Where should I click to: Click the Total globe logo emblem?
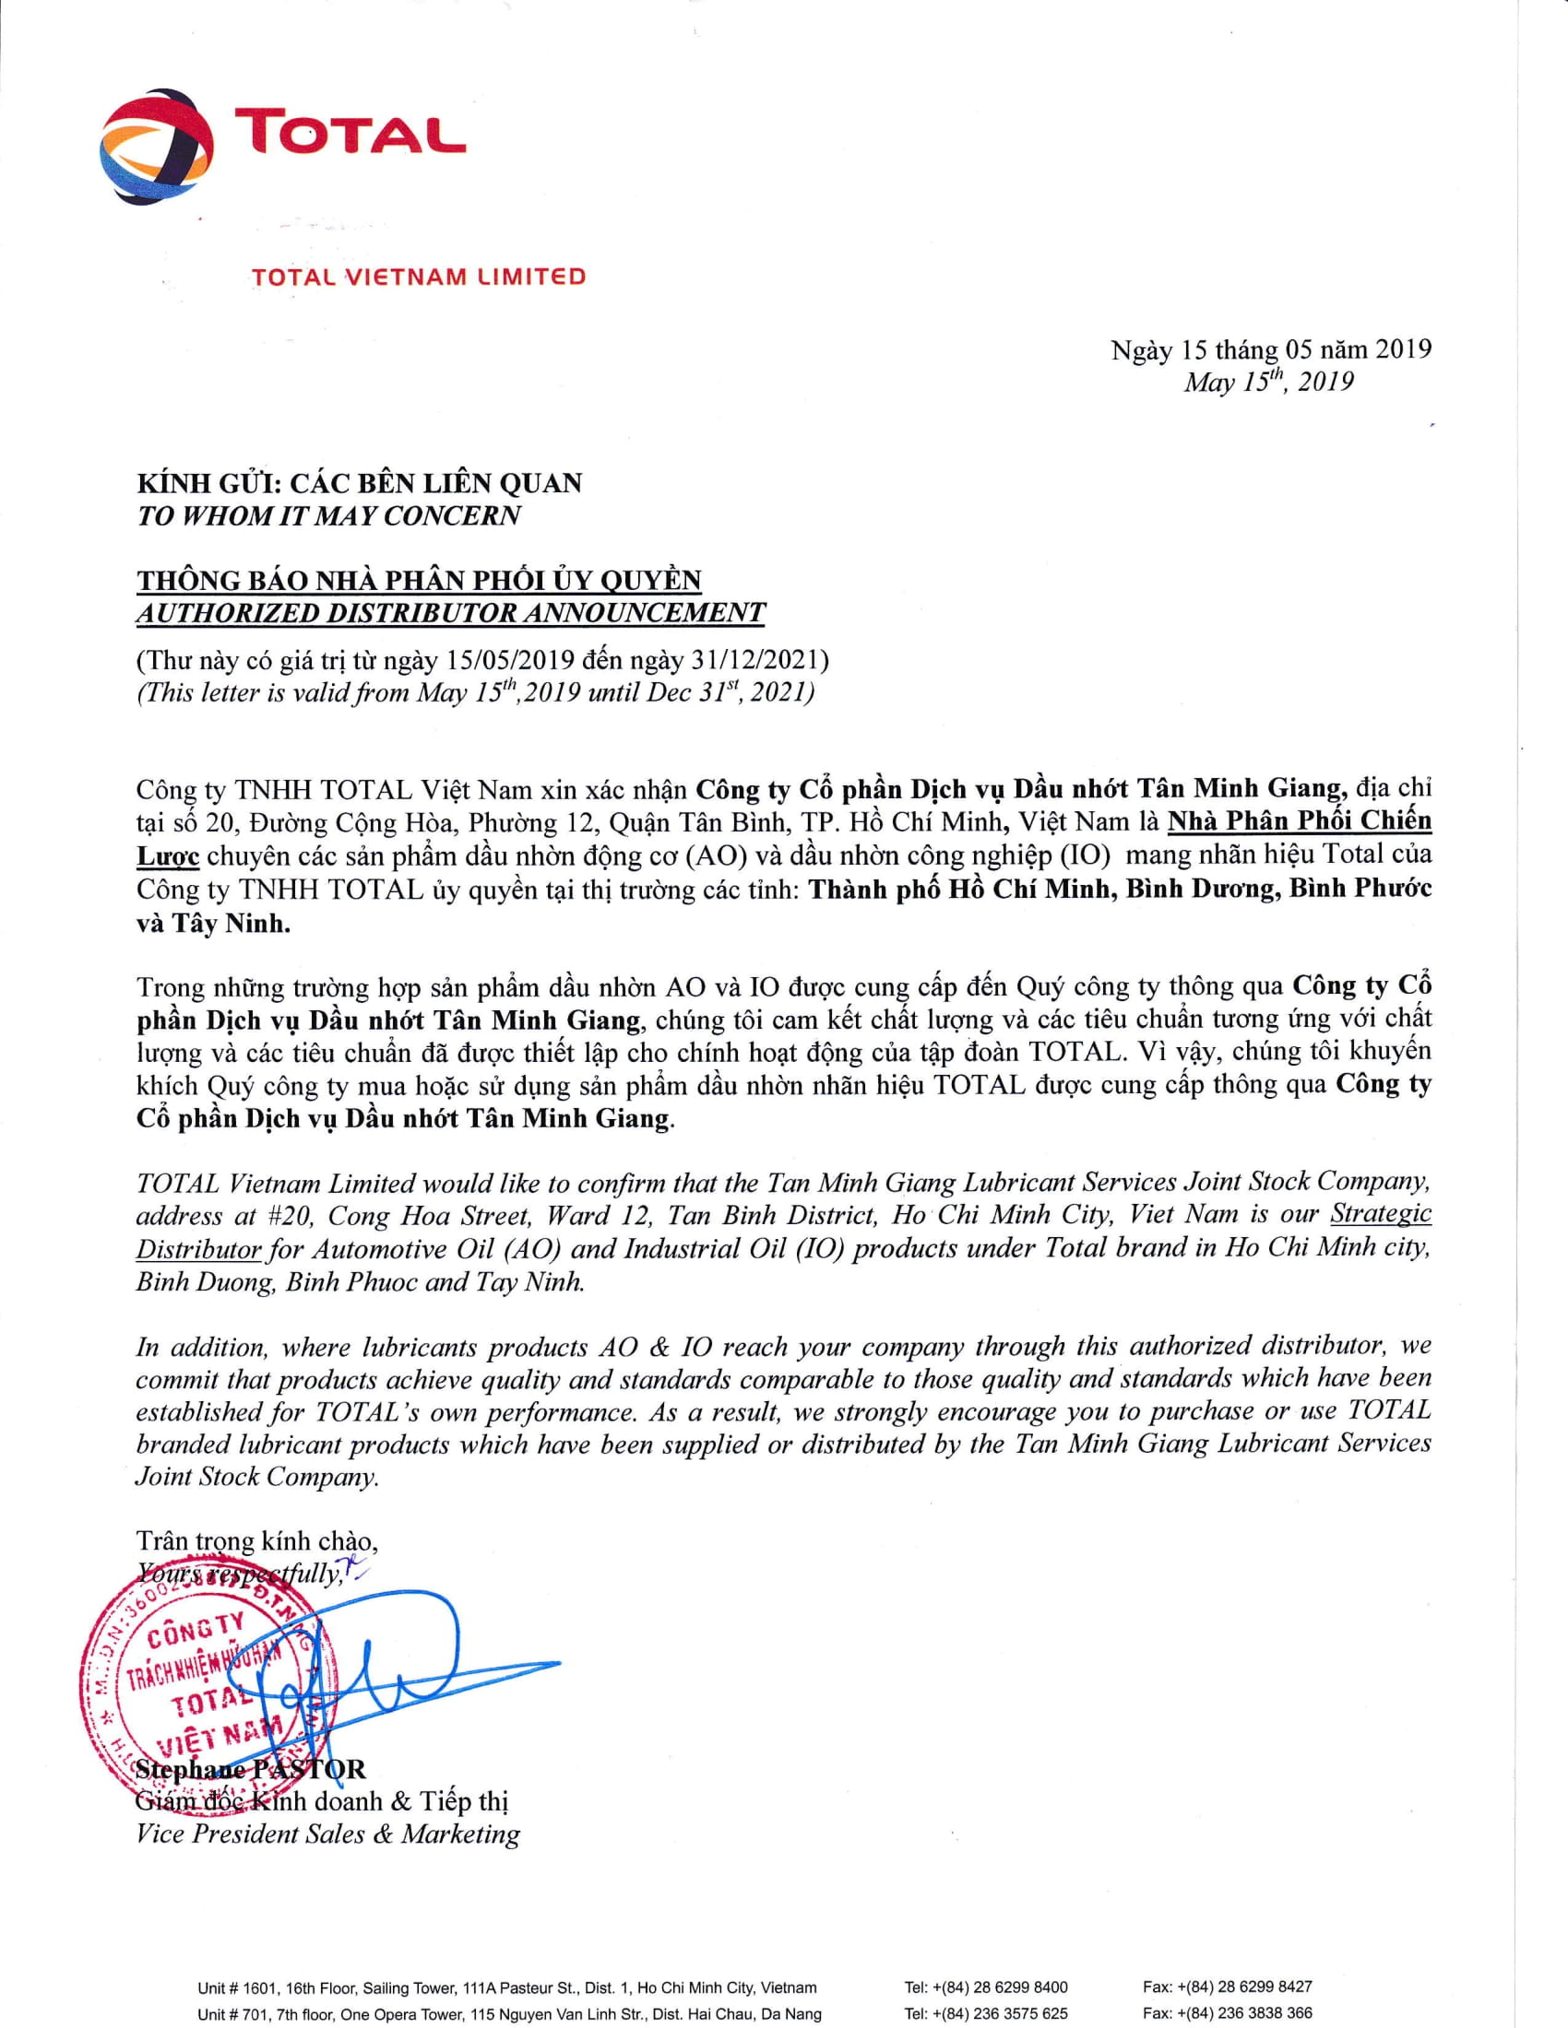pyautogui.click(x=156, y=145)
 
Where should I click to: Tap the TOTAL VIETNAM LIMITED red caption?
pyautogui.click(x=418, y=277)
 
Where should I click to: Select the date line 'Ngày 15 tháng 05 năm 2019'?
pyautogui.click(x=1271, y=350)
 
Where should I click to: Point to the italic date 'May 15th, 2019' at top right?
pyautogui.click(x=1268, y=382)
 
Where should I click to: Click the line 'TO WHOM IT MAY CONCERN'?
pyautogui.click(x=329, y=516)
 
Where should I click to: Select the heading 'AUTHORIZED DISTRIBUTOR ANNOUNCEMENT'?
pyautogui.click(x=450, y=613)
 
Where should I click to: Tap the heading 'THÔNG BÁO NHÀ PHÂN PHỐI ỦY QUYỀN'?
pyautogui.click(x=419, y=581)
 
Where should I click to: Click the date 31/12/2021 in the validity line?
pyautogui.click(x=754, y=660)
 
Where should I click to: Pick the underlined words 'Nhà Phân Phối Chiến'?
pyautogui.click(x=1299, y=821)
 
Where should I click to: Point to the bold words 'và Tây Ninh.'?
pyautogui.click(x=214, y=925)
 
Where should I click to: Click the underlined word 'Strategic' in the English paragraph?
pyautogui.click(x=1381, y=1215)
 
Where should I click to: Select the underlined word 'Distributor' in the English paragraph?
pyautogui.click(x=199, y=1249)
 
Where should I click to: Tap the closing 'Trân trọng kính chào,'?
pyautogui.click(x=257, y=1541)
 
